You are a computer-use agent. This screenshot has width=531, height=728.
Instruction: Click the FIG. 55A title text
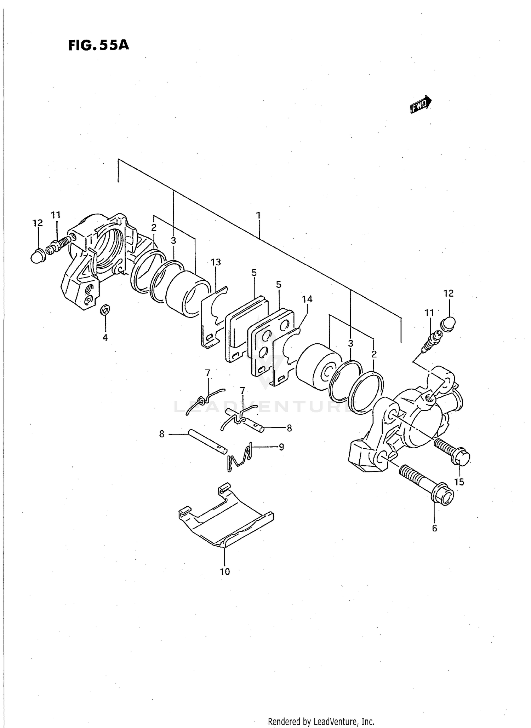[x=99, y=45]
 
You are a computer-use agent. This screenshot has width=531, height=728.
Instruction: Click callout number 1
[x=258, y=215]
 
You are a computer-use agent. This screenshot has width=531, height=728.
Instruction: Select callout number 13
[x=216, y=262]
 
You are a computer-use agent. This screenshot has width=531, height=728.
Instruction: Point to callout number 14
[x=307, y=299]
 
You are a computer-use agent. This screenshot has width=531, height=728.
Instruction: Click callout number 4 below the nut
[x=105, y=338]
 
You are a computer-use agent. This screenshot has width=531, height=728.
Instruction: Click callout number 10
[x=225, y=572]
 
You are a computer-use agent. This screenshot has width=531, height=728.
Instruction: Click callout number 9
[x=281, y=447]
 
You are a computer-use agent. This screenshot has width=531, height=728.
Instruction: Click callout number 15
[x=459, y=482]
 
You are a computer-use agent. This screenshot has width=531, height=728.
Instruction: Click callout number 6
[x=435, y=528]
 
